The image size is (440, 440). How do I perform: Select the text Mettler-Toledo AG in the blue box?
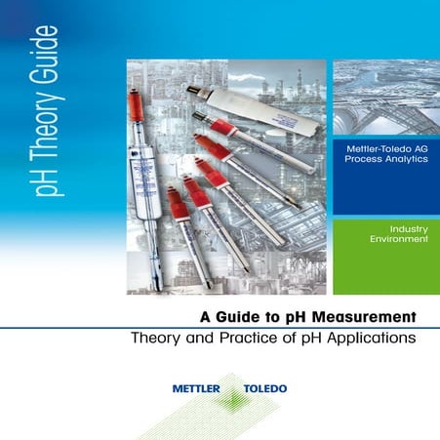pyautogui.click(x=386, y=146)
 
